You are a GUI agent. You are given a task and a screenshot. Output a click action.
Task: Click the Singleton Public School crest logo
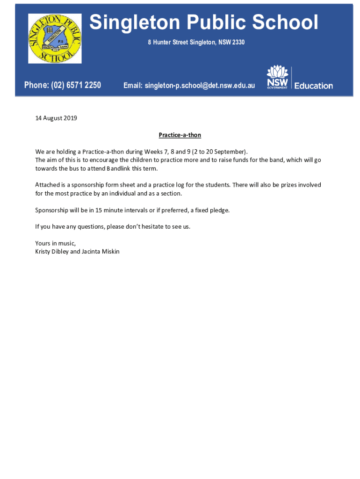pos(55,38)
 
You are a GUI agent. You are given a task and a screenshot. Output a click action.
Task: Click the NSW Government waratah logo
pos(277,77)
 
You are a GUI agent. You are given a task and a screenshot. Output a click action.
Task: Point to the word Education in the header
pos(313,86)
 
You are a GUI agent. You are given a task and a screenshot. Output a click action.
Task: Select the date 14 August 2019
pos(56,118)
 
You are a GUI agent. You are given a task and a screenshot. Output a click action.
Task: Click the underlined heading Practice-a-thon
pos(180,135)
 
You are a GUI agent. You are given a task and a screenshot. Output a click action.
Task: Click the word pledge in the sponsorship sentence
pos(219,210)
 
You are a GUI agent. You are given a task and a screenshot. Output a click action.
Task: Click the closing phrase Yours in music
pos(55,243)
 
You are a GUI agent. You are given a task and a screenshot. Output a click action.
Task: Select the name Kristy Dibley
pos(51,252)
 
